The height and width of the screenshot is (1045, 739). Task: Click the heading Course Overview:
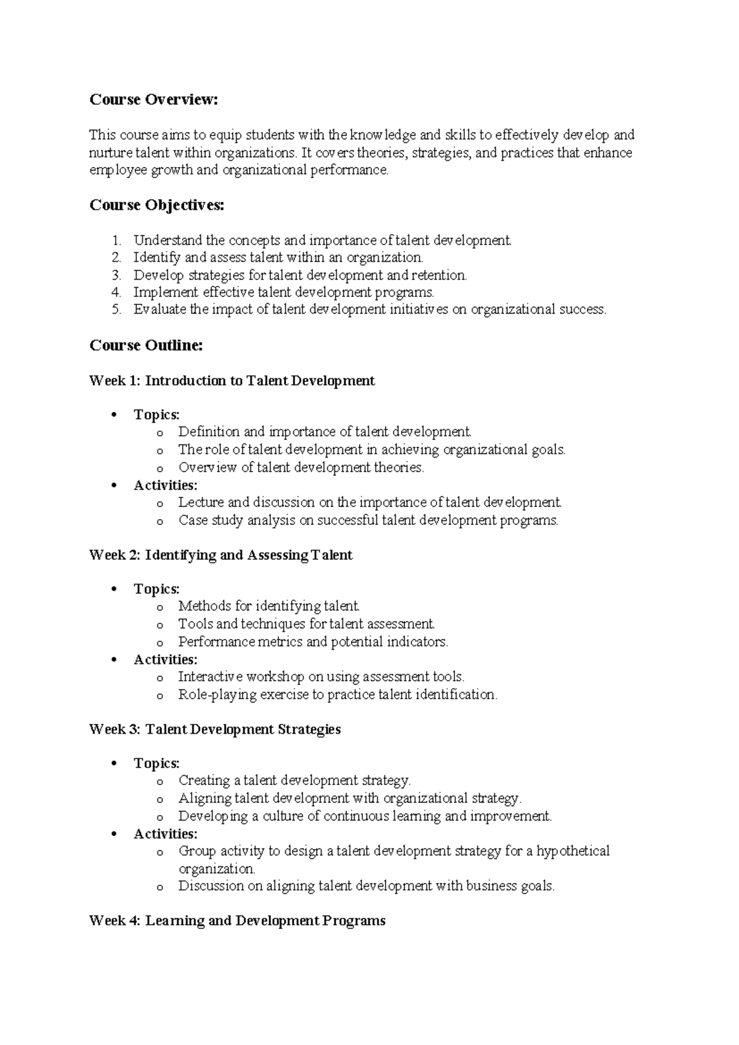[154, 100]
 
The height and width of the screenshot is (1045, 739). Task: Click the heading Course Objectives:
[157, 205]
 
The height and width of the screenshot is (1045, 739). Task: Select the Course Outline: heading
[146, 346]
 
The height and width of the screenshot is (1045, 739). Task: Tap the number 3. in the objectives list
[116, 275]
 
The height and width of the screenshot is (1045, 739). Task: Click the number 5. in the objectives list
[116, 310]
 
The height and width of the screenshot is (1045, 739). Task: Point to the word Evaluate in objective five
[160, 310]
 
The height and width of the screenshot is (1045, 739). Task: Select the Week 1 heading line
[232, 381]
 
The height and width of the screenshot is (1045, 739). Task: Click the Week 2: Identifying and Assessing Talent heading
[220, 555]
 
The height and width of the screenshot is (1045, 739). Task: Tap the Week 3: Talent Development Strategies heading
[215, 730]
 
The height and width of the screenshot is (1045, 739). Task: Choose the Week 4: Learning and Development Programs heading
[237, 921]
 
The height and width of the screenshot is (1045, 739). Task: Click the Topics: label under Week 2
[156, 589]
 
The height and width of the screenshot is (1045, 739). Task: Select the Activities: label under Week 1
[165, 485]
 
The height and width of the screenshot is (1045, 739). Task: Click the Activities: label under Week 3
[165, 834]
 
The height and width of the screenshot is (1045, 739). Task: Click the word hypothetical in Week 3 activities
[573, 852]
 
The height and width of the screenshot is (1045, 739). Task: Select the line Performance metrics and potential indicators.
[313, 642]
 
